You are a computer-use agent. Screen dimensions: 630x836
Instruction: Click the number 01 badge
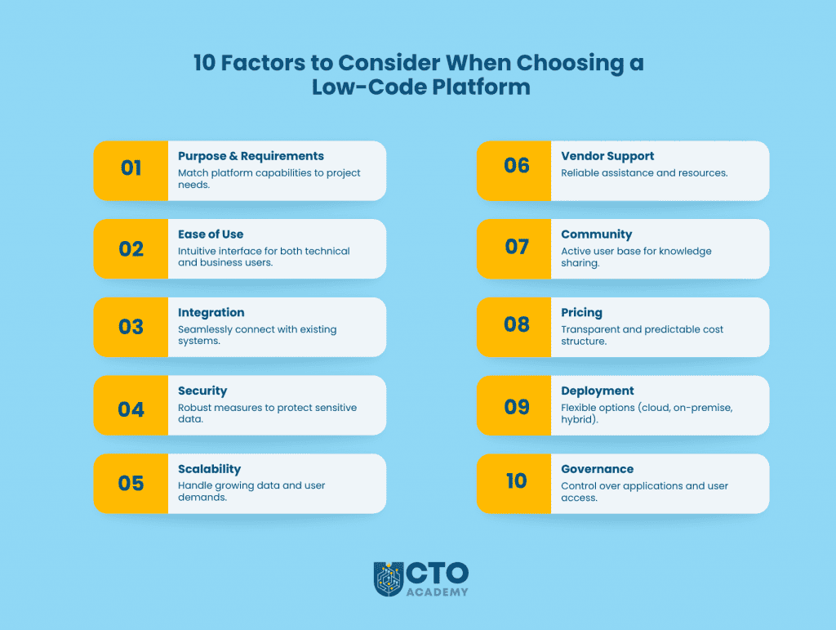(x=131, y=169)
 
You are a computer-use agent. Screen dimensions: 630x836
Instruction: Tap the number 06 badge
(x=516, y=167)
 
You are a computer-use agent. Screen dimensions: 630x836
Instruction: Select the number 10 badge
(x=516, y=481)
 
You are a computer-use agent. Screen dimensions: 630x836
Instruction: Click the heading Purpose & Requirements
(x=251, y=156)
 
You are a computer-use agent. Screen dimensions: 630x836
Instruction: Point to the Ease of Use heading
(x=211, y=235)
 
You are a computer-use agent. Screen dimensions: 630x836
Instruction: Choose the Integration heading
(x=211, y=312)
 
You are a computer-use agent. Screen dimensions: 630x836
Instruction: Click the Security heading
(x=202, y=391)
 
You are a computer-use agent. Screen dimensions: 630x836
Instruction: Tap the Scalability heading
(x=209, y=469)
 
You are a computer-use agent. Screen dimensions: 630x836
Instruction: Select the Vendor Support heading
(x=607, y=156)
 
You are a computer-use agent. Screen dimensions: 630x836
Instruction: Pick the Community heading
(x=596, y=235)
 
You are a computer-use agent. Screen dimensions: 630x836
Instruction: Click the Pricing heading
(x=581, y=312)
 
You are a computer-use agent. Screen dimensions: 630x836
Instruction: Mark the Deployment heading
(x=597, y=391)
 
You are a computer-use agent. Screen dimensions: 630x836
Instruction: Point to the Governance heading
(x=597, y=469)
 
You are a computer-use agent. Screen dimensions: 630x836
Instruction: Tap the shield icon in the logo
(x=388, y=578)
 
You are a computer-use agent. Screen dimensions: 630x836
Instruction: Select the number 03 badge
(x=131, y=327)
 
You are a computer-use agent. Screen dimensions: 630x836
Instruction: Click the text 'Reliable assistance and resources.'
(x=643, y=173)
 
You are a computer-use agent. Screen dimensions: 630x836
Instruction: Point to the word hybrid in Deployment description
(x=580, y=419)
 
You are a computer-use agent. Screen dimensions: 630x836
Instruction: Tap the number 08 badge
(x=516, y=324)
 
